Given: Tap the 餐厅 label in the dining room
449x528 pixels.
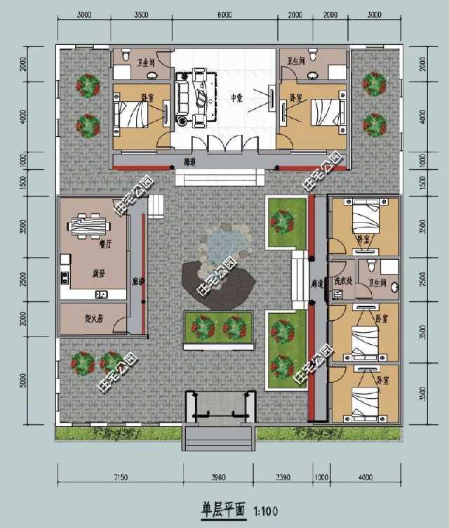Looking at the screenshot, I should click(x=106, y=245).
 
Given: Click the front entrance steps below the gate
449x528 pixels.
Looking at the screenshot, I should click(x=218, y=439).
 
